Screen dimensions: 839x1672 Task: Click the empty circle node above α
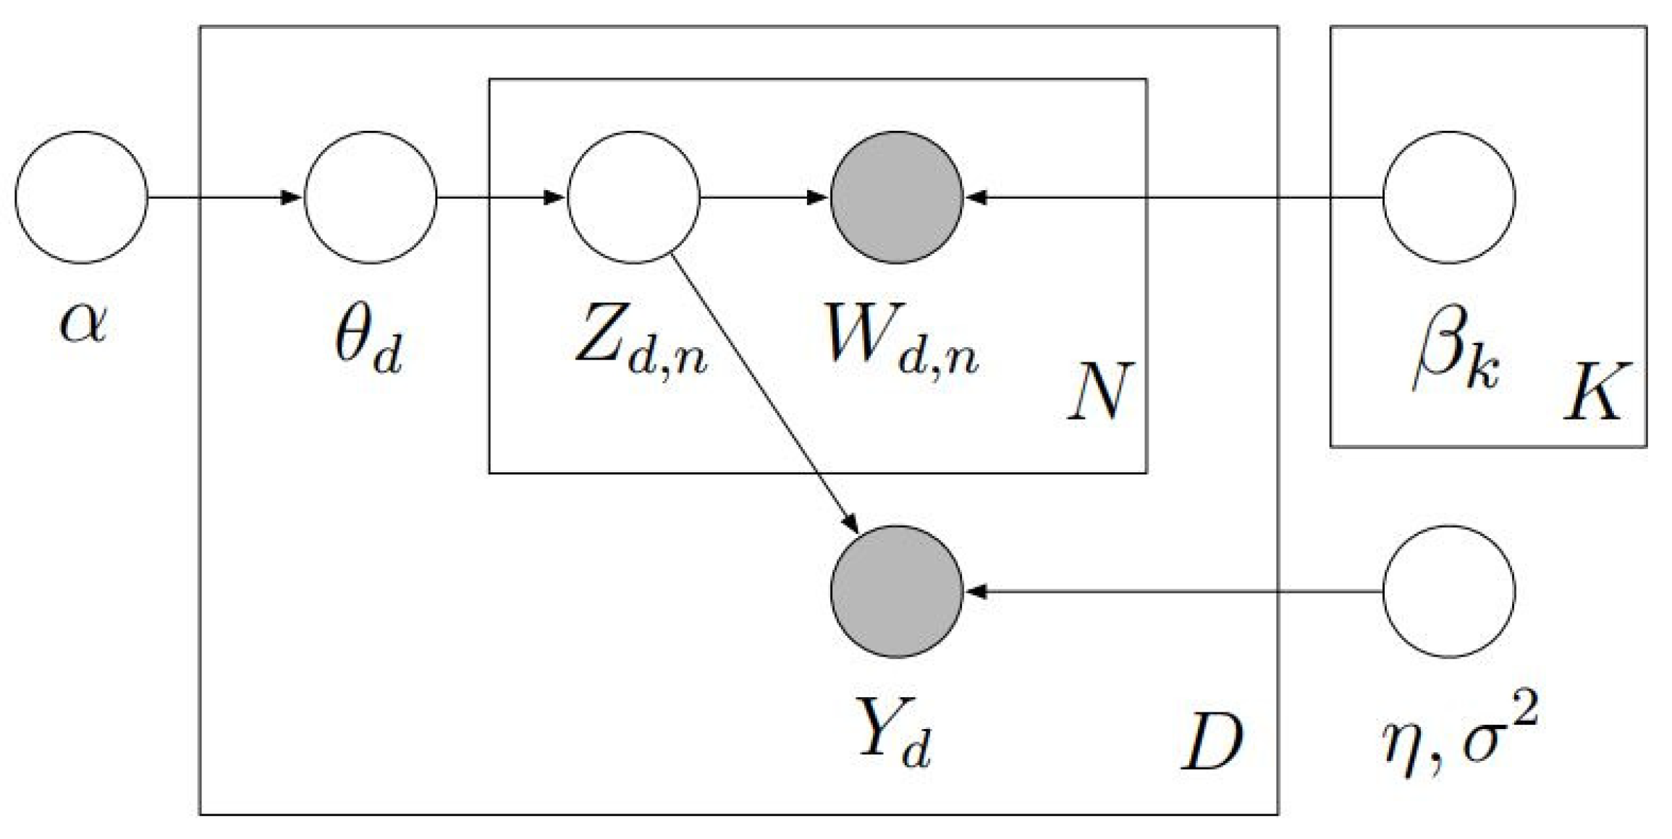pyautogui.click(x=81, y=197)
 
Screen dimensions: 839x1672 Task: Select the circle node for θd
pyautogui.click(x=371, y=197)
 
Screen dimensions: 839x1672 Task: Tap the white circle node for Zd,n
pyautogui.click(x=633, y=197)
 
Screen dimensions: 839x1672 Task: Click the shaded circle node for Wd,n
pyautogui.click(x=896, y=197)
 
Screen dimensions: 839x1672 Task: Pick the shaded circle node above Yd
pyautogui.click(x=896, y=592)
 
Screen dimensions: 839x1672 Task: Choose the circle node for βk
pyautogui.click(x=1449, y=197)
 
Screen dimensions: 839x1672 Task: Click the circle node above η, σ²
pyautogui.click(x=1449, y=592)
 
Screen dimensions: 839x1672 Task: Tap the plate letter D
pyautogui.click(x=1212, y=741)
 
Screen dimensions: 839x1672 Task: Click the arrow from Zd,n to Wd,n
pyautogui.click(x=764, y=197)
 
